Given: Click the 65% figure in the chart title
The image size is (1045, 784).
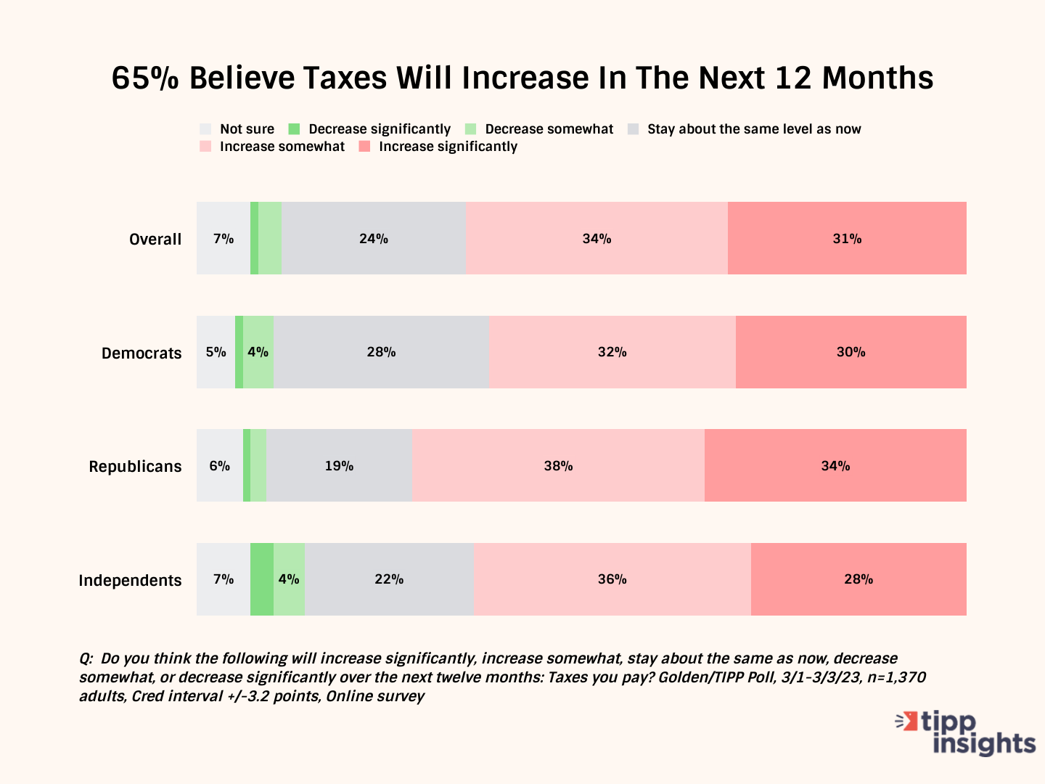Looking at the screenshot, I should coord(144,78).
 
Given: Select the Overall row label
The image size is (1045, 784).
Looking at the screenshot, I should coord(155,240).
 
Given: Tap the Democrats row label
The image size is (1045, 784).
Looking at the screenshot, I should coord(142,354).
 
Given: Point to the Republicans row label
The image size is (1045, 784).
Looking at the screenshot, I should coord(135,467).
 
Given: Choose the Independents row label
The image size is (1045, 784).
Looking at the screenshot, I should coord(130,581).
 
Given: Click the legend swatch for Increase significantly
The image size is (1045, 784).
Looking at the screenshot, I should coord(365,147).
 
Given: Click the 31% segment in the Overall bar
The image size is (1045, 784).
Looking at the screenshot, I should coord(847,239).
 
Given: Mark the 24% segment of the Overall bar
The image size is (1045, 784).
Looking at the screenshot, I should coord(374,239).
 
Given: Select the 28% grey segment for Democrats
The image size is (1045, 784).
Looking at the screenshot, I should coord(381,352).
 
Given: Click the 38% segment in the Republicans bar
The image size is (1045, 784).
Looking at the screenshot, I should coord(558,466).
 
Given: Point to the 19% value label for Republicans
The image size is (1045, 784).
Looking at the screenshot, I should coord(339,466).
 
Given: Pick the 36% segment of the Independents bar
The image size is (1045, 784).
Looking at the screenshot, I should coord(612,579).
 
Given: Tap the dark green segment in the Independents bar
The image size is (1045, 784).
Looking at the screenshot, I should coord(262,579).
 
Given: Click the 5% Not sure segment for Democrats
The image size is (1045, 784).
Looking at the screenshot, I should coord(216,352).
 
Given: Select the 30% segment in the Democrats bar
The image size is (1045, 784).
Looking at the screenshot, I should coord(851,352).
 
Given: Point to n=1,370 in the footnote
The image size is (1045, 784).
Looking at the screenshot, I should coord(897,678).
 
